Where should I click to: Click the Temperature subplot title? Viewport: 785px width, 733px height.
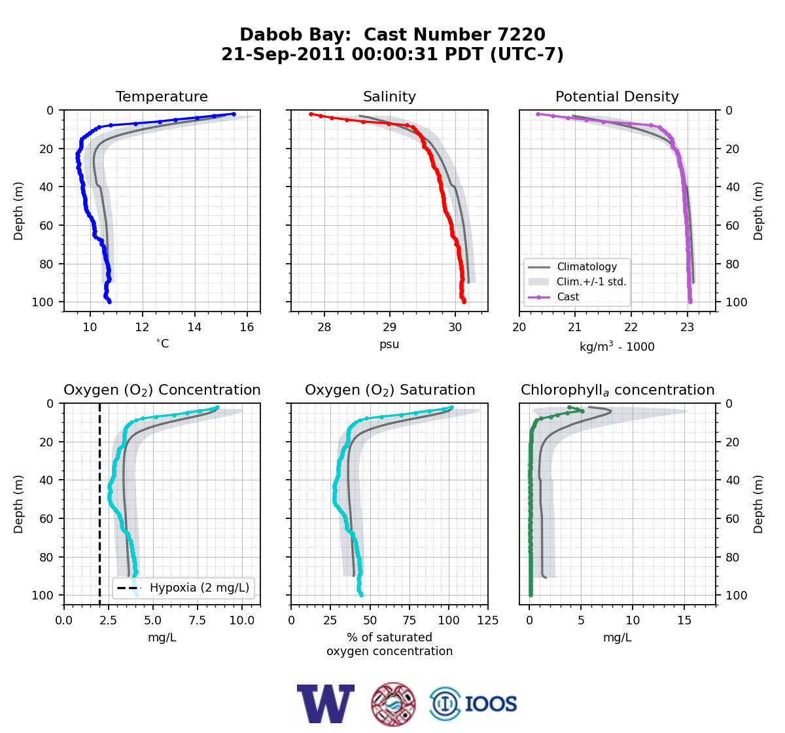coord(162,96)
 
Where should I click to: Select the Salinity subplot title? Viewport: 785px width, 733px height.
coord(389,96)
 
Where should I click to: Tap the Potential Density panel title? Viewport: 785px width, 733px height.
coord(617,96)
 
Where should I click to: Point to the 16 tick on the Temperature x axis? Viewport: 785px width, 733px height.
coord(247,327)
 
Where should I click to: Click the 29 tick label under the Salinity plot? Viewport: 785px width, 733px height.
coord(389,327)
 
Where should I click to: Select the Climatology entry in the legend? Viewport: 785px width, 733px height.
coord(587,266)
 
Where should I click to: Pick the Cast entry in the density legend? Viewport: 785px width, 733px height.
coord(568,296)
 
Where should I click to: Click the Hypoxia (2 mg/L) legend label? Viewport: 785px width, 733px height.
coord(200,588)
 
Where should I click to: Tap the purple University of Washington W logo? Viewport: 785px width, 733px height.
coord(326,704)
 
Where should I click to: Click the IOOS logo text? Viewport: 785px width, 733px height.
coord(491,704)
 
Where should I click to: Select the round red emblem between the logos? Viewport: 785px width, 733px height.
coord(393,704)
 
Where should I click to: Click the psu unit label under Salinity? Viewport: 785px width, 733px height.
coord(389,344)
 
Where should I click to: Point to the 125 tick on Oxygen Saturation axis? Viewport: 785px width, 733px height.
coord(488,620)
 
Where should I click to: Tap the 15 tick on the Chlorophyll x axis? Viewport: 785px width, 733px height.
coord(684,620)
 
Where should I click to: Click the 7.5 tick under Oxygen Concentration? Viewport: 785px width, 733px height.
coord(198,620)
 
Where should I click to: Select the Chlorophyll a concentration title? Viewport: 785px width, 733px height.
coord(618,390)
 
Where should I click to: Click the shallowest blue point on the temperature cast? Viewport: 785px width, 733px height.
coord(234,114)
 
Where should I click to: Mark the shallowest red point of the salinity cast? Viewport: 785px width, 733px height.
coord(311,114)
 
